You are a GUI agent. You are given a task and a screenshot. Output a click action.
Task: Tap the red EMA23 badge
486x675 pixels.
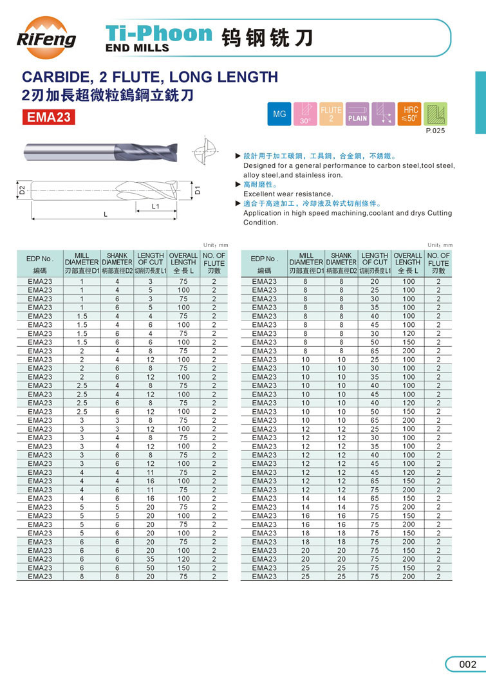click(x=48, y=117)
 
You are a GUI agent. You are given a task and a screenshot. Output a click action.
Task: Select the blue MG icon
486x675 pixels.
click(x=279, y=114)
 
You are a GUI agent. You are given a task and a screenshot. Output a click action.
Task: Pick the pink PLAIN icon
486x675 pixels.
click(x=357, y=114)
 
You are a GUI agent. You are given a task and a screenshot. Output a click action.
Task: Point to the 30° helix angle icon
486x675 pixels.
click(x=305, y=114)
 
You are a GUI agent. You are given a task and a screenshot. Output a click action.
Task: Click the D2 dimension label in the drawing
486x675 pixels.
click(x=21, y=190)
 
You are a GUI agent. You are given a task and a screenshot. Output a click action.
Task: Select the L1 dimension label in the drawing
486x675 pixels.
click(x=155, y=207)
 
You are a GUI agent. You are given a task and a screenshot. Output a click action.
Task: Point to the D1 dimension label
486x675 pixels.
click(x=198, y=190)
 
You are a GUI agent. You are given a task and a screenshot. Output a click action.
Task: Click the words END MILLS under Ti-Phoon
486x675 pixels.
click(x=137, y=48)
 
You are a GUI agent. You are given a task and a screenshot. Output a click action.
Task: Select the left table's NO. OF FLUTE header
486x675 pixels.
click(x=214, y=263)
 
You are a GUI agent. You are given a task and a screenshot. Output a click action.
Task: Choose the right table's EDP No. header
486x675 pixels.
click(x=264, y=263)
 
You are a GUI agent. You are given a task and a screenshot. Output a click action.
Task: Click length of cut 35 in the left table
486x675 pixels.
click(x=151, y=559)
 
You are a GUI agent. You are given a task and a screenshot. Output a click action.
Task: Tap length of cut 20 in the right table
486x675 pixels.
click(x=375, y=281)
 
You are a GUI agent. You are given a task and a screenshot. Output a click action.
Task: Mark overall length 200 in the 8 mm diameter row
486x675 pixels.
click(x=408, y=351)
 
